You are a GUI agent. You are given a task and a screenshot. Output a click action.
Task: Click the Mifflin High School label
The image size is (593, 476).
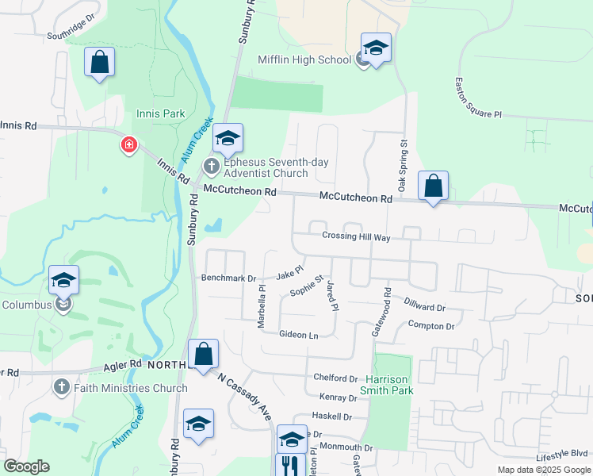304,59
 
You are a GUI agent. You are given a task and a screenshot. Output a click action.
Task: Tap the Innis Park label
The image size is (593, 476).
161,113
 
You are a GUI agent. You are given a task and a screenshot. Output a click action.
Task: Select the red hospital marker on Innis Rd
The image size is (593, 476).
128,145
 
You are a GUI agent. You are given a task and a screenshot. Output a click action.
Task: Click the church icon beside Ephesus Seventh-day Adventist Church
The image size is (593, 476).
212,166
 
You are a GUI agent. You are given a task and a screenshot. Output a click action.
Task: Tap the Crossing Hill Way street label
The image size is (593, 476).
357,236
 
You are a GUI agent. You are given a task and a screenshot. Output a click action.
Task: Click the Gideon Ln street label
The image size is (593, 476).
298,335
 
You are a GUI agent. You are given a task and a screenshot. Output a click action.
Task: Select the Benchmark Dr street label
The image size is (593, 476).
229,278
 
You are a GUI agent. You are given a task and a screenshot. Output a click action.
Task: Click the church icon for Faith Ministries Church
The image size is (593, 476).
62,387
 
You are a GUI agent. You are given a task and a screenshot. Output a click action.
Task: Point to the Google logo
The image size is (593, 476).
26,466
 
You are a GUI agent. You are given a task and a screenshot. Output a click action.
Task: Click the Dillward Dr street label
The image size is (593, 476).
425,307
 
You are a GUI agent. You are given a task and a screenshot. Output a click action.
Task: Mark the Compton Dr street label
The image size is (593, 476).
430,325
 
